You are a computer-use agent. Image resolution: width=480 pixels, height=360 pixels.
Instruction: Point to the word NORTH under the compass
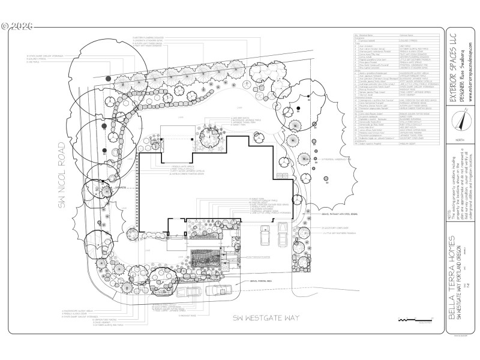(460, 139)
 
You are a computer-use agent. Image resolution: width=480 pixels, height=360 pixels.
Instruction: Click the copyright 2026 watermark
(17, 26)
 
